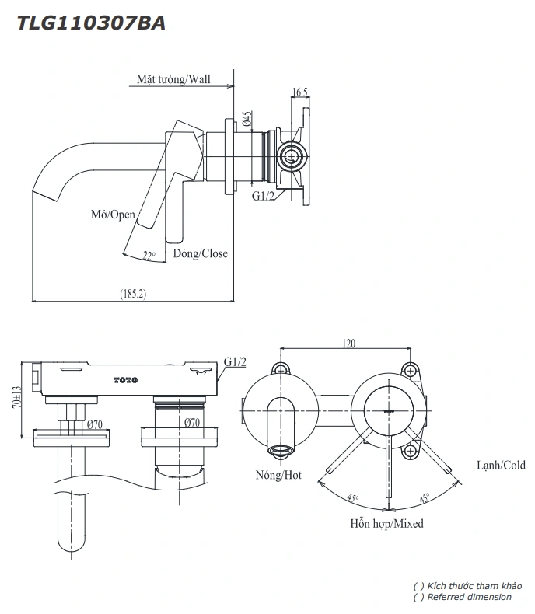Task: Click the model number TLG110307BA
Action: tap(90, 23)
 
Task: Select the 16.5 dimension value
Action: tap(300, 92)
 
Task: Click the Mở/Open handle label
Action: tap(113, 215)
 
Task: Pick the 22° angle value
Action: tap(149, 253)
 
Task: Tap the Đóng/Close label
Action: tap(201, 253)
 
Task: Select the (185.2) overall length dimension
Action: tap(134, 294)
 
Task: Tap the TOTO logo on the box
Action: tap(125, 379)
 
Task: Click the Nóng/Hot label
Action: tap(278, 475)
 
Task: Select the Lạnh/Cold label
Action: tap(501, 466)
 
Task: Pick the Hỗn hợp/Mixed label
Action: tap(386, 524)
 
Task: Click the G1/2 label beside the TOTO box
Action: tap(235, 362)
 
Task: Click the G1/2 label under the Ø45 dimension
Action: tap(263, 196)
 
